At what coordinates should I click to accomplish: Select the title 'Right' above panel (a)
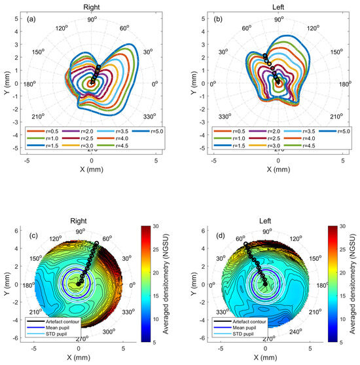click(92, 5)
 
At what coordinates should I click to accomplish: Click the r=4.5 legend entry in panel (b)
click(302, 147)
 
